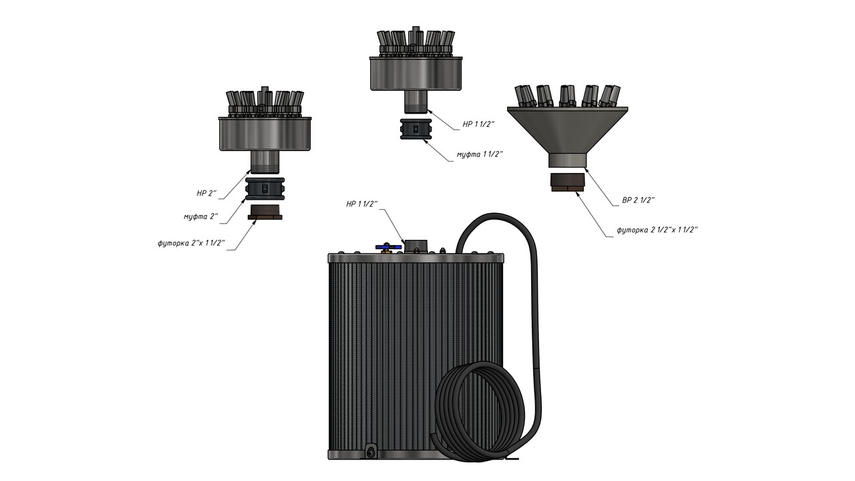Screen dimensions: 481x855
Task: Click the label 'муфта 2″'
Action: pyautogui.click(x=200, y=216)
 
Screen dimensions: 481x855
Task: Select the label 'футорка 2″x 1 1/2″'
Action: pyautogui.click(x=191, y=243)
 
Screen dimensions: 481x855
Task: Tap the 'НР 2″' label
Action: pyautogui.click(x=207, y=193)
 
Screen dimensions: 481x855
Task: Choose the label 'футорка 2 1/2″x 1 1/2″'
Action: pyautogui.click(x=657, y=229)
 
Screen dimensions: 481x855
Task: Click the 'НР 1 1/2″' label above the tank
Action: pyautogui.click(x=361, y=203)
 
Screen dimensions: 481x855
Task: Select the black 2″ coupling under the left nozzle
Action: pyautogui.click(x=266, y=188)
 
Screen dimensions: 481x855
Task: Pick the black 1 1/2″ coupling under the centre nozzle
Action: pyautogui.click(x=415, y=129)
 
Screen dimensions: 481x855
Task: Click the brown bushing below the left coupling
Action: pyautogui.click(x=265, y=213)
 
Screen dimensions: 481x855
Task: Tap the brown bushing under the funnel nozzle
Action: pyautogui.click(x=567, y=182)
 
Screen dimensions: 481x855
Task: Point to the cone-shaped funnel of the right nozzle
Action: pyautogui.click(x=567, y=130)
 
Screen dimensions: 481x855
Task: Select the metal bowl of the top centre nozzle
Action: pyautogui.click(x=416, y=73)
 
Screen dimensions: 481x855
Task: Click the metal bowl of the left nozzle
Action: pyautogui.click(x=265, y=134)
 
